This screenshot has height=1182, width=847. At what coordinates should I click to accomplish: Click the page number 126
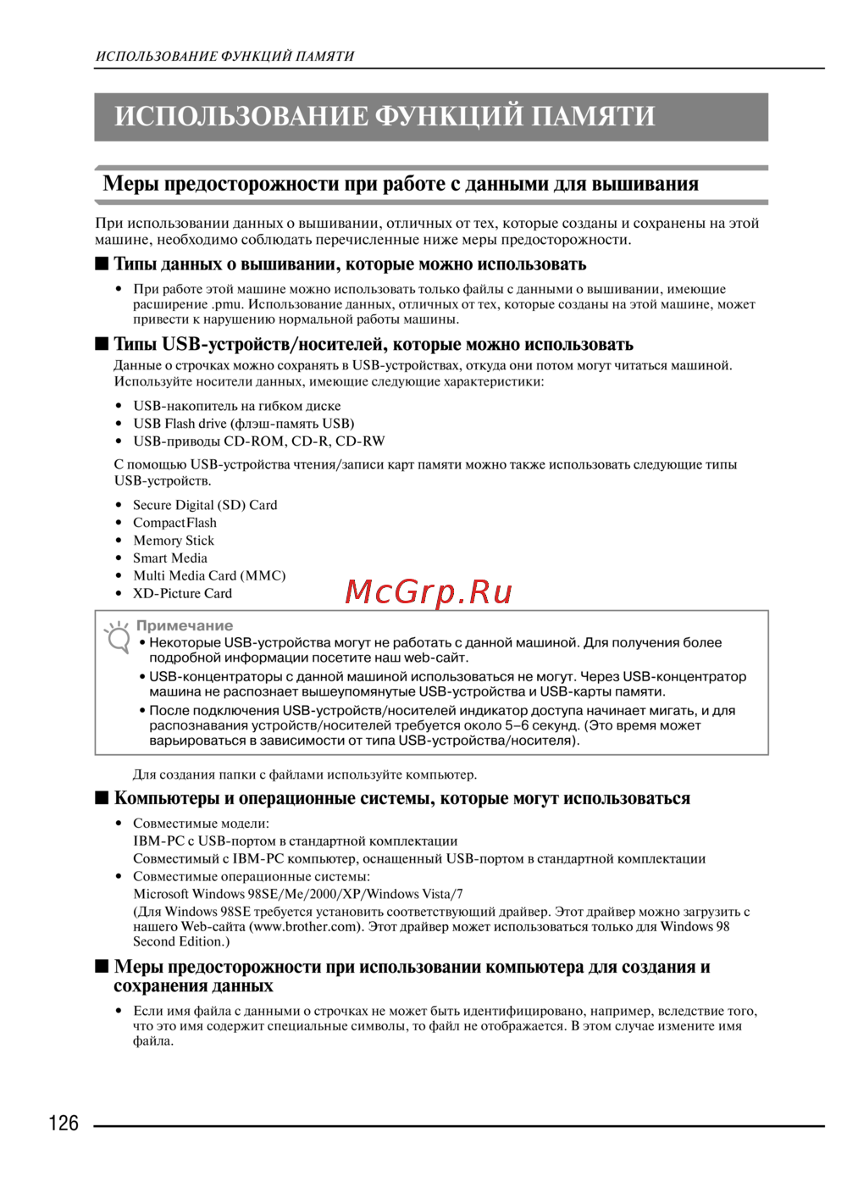coord(64,1124)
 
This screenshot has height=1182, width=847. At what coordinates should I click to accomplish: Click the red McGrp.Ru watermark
coord(429,591)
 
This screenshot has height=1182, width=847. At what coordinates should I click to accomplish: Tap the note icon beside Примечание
coord(117,637)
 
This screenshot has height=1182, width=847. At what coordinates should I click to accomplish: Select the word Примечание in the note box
coord(185,625)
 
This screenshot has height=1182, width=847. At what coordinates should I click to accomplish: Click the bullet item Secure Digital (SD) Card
coord(205,505)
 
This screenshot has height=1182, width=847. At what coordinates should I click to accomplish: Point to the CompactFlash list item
coord(174,523)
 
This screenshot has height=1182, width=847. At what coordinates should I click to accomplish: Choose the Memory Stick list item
coord(174,541)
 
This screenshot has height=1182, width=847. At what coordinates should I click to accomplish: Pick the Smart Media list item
coord(170,558)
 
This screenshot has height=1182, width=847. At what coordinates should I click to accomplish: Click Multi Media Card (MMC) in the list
coord(209,576)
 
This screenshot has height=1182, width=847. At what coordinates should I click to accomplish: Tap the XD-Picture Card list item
coord(182,594)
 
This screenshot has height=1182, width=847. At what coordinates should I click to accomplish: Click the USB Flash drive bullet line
coord(244,424)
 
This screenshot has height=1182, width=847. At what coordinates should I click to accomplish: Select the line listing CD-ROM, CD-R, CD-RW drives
coord(259,441)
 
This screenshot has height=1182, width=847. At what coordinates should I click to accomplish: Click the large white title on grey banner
coord(385,116)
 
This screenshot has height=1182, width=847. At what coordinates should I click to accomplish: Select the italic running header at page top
coord(225,57)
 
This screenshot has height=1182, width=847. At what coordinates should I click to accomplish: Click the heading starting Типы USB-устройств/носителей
coord(374,344)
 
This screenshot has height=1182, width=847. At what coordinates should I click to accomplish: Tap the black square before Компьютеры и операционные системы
coord(102,798)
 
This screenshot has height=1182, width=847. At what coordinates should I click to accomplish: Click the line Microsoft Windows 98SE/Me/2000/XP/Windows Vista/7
coord(298,894)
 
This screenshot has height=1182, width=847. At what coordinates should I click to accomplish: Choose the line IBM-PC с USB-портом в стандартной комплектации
coord(296,841)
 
